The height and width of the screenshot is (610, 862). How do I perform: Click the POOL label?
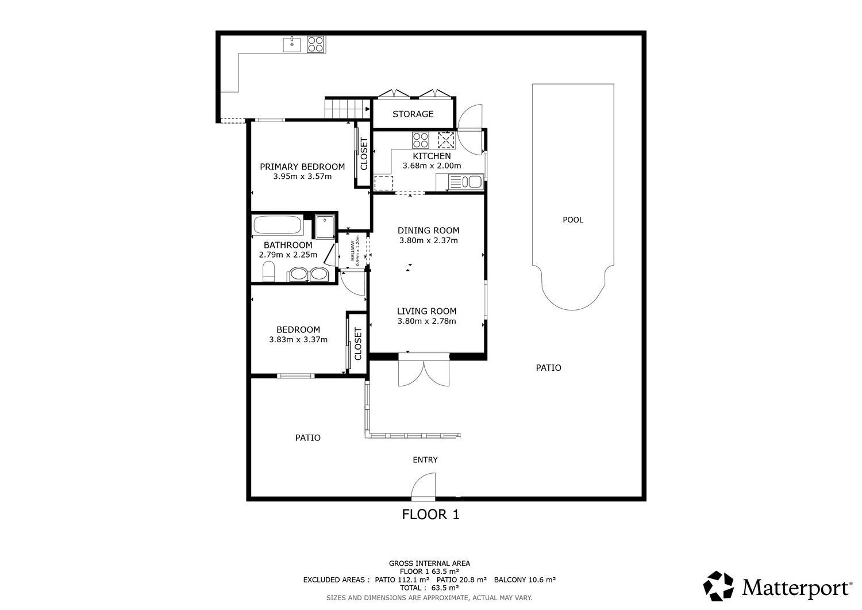click(x=572, y=220)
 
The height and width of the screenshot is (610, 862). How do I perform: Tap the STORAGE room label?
click(x=413, y=114)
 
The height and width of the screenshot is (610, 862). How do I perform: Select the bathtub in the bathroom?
click(x=278, y=225)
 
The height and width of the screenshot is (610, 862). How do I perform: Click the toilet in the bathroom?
click(x=268, y=271)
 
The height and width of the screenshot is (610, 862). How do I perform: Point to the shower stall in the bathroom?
click(x=325, y=227)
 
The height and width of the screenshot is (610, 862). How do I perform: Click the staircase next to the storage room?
click(x=348, y=108)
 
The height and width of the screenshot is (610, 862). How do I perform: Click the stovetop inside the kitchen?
click(x=420, y=140)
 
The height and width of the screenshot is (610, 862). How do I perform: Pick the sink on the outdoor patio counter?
click(x=292, y=45)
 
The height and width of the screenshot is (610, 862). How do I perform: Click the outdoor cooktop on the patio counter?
click(x=315, y=44)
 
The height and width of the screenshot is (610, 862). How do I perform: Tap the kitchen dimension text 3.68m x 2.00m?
click(x=432, y=166)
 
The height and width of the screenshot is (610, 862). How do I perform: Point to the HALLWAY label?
click(x=352, y=250)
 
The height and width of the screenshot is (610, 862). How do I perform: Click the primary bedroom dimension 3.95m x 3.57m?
click(x=302, y=177)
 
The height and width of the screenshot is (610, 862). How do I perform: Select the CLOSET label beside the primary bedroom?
click(x=364, y=154)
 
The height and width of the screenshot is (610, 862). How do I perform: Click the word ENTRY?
click(x=425, y=460)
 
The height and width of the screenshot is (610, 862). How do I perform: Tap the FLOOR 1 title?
click(x=430, y=515)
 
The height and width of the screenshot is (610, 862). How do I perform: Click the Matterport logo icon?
click(x=718, y=586)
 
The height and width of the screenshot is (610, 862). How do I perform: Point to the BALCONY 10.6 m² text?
click(x=525, y=580)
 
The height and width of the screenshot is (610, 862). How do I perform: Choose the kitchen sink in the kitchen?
click(x=472, y=182)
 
